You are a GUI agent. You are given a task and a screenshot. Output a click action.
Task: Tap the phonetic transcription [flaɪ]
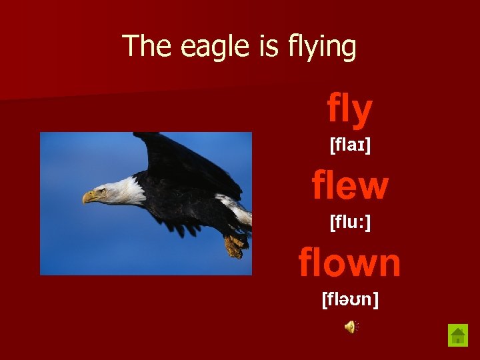(350, 145)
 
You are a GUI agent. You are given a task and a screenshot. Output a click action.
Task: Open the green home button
(457, 335)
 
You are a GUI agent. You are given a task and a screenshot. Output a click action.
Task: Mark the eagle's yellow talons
(234, 246)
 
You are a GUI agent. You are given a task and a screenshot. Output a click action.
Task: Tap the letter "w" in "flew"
(374, 186)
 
